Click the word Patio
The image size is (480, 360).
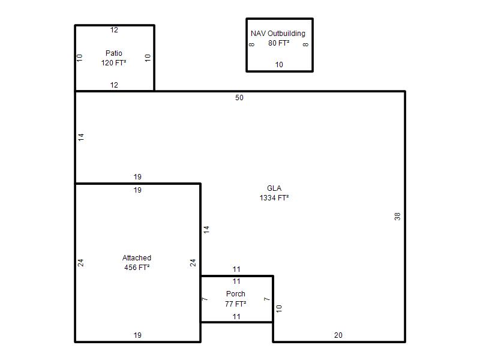pos(114,53)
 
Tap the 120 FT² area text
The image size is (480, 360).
pos(114,63)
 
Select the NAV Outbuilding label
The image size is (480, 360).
pos(278,34)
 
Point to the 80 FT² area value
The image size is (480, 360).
pos(279,43)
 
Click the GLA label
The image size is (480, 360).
pos(274,188)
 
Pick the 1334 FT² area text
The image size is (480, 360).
pos(274,198)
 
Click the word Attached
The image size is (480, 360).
pos(137,258)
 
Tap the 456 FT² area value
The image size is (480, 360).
pos(137,267)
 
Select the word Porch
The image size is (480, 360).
pos(236,294)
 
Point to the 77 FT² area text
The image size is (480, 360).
pos(236,304)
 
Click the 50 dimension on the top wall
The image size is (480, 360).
pos(239,98)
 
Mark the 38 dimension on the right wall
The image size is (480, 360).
pos(397,217)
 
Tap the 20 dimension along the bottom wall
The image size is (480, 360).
pos(338,335)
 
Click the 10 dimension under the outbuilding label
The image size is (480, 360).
pos(279,65)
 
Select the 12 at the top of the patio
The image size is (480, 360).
pos(114,29)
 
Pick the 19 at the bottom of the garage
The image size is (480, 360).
pos(137,335)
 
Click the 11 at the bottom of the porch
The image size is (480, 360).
pos(236,317)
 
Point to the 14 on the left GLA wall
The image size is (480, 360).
pos(81,137)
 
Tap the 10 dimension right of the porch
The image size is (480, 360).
pos(279,308)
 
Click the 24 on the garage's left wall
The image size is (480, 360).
pos(80,263)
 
